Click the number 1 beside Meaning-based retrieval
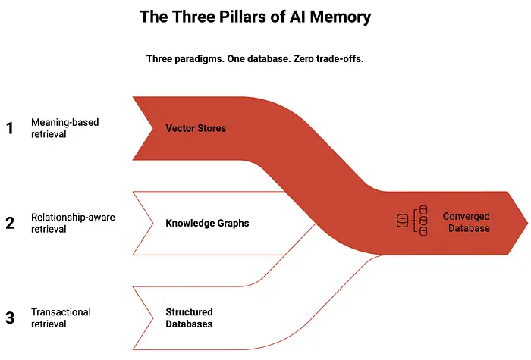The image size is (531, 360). pyautogui.click(x=10, y=128)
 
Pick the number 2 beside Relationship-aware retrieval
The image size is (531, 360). pyautogui.click(x=10, y=224)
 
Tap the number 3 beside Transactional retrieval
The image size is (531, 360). pyautogui.click(x=10, y=318)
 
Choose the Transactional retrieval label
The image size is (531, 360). pyautogui.click(x=60, y=318)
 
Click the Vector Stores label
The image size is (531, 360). pyautogui.click(x=196, y=128)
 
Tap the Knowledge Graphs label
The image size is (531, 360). pyautogui.click(x=207, y=224)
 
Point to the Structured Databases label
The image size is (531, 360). pyautogui.click(x=189, y=318)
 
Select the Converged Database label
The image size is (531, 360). pyautogui.click(x=467, y=222)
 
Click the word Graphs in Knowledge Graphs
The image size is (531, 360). pyautogui.click(x=232, y=224)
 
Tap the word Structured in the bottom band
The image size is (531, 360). pyautogui.click(x=189, y=311)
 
